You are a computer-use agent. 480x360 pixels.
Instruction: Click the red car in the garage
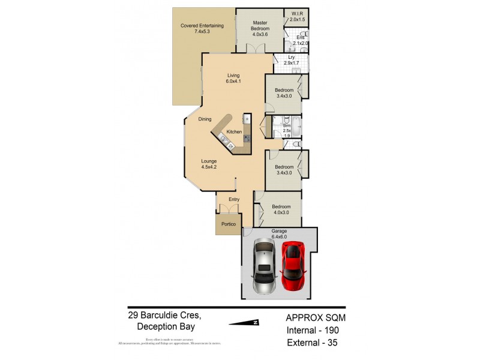point(294,265)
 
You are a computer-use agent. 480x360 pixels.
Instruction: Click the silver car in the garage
point(264,266)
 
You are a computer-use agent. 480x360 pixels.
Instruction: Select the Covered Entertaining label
point(202,28)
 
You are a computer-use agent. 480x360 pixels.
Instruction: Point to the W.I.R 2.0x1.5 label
point(298,17)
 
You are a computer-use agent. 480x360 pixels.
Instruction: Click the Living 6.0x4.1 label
point(233,78)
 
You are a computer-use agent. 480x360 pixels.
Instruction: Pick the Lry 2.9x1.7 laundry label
point(291,60)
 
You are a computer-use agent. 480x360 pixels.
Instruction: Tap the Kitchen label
point(234,131)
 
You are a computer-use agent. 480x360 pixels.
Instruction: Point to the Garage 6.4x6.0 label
point(279,233)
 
